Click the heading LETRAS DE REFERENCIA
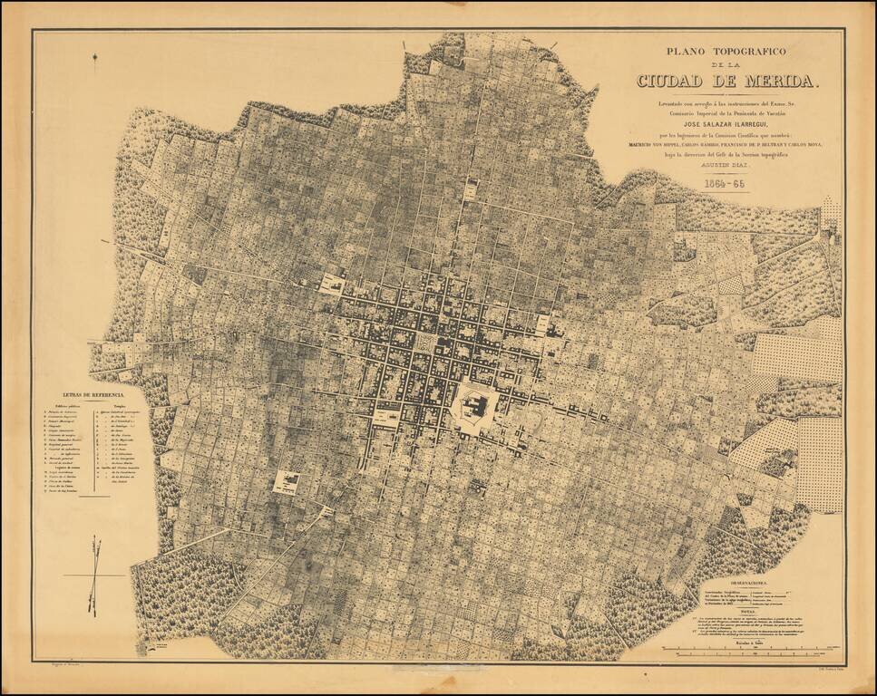click(93, 395)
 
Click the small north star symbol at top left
click(95, 60)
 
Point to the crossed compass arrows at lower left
click(93, 575)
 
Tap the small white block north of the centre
click(471, 190)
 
